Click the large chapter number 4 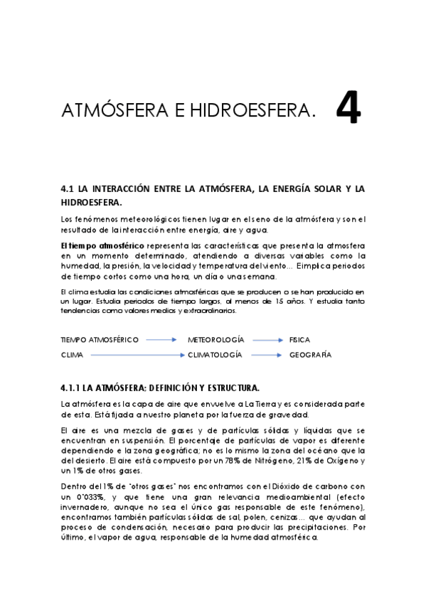[x=348, y=107]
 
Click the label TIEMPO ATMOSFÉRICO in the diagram [x=99, y=340]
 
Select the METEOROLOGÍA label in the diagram [x=215, y=340]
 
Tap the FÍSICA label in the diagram [x=299, y=340]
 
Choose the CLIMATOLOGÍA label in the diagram [x=215, y=354]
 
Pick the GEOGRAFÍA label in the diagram [x=310, y=354]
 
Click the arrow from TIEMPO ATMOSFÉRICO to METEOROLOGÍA [x=161, y=340]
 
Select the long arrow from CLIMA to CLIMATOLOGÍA [x=135, y=354]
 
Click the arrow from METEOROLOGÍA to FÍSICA [x=267, y=340]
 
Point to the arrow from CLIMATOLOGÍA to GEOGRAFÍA [x=267, y=354]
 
